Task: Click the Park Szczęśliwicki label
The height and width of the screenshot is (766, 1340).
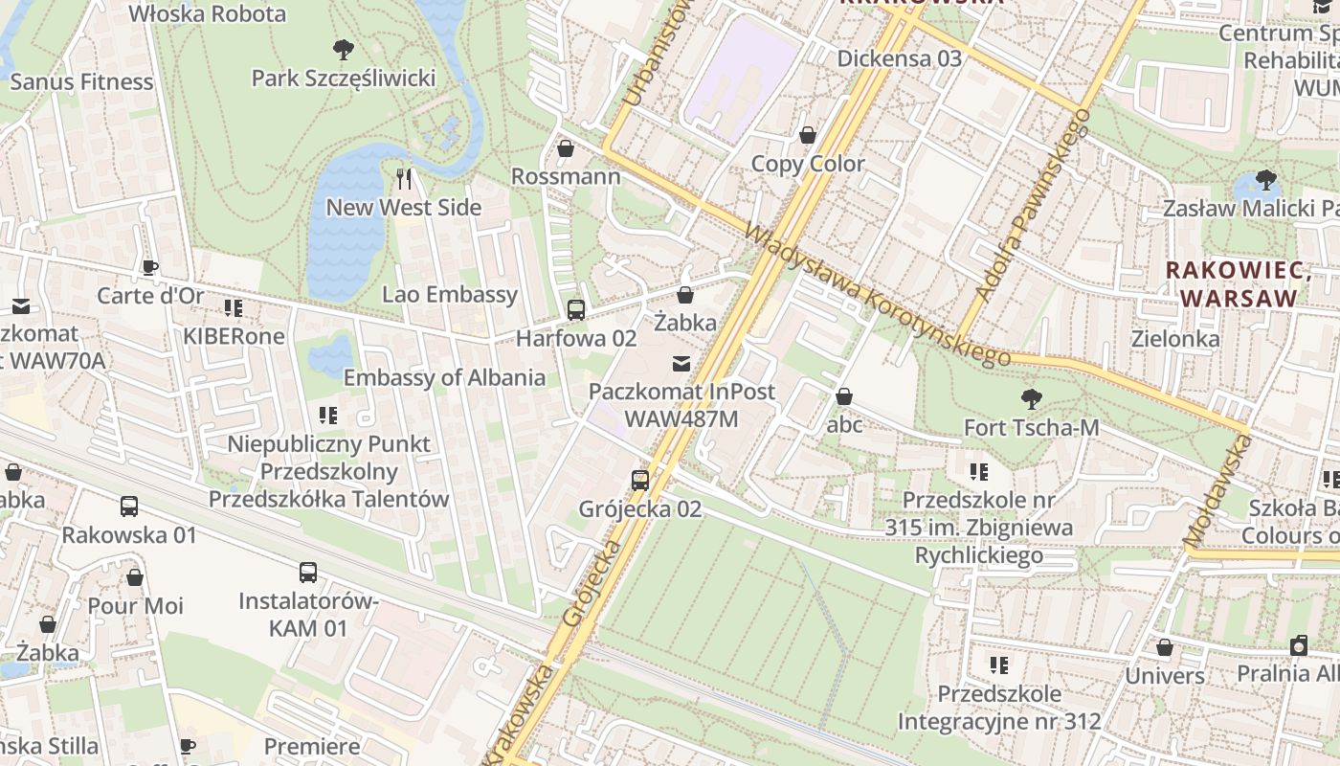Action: (x=343, y=79)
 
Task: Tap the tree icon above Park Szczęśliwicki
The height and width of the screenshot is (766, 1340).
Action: (x=343, y=49)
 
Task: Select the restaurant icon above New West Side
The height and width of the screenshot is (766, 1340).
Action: (x=404, y=178)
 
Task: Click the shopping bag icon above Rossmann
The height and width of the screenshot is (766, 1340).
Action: (x=566, y=148)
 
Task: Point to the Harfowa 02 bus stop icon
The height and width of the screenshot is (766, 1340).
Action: (x=575, y=309)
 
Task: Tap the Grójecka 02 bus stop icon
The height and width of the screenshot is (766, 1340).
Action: (x=639, y=480)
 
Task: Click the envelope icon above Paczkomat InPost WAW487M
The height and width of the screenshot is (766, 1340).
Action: (x=681, y=363)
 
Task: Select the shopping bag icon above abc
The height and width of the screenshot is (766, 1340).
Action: (x=844, y=395)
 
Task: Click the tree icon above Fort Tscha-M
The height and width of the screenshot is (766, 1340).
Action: (x=1031, y=398)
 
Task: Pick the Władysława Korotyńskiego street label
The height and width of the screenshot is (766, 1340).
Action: (x=876, y=295)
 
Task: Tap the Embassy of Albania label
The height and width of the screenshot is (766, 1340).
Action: (x=444, y=377)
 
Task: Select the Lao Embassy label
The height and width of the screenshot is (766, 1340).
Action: (x=449, y=295)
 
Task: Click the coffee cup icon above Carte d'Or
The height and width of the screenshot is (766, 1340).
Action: (x=149, y=267)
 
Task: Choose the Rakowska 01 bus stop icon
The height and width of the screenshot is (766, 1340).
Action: (x=129, y=506)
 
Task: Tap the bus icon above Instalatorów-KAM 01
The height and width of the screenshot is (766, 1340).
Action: (x=307, y=573)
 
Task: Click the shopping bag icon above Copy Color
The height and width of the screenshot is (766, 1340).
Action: (x=808, y=135)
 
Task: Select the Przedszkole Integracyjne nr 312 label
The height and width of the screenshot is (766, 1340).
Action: (x=999, y=708)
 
